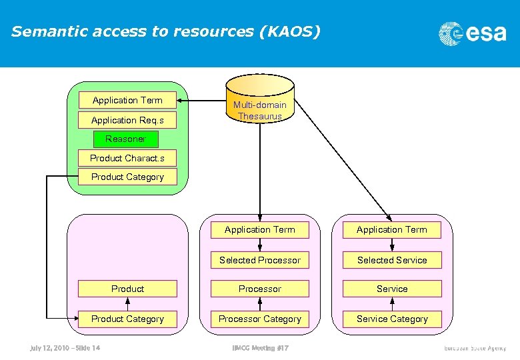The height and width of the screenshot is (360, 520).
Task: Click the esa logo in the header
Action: click(x=472, y=33)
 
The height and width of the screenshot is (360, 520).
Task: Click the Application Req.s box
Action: click(x=127, y=120)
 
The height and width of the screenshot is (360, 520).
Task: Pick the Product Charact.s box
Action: click(x=127, y=158)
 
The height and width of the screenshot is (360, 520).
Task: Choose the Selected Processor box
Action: click(x=260, y=260)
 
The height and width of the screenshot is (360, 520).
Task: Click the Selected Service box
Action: click(x=392, y=260)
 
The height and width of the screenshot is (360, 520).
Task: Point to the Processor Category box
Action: click(x=260, y=319)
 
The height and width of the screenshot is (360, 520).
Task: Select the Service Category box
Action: click(x=392, y=319)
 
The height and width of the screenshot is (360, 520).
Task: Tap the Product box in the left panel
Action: click(x=127, y=289)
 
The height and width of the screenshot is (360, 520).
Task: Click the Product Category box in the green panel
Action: click(x=127, y=177)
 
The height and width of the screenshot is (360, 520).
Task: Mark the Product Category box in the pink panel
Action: click(x=127, y=319)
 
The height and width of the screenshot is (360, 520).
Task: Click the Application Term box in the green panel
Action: click(x=127, y=100)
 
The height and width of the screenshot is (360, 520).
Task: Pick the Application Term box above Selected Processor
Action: click(x=260, y=229)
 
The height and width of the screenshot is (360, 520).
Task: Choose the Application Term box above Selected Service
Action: click(x=392, y=229)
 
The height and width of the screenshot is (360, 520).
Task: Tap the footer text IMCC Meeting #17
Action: click(x=260, y=347)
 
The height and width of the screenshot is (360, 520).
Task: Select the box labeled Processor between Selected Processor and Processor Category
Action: click(x=260, y=289)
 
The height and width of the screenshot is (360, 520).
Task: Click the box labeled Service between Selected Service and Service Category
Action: click(x=392, y=289)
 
